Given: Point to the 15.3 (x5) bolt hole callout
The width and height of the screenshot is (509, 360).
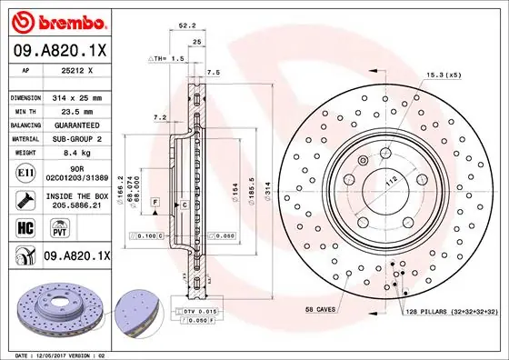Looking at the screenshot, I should (x=444, y=75).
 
